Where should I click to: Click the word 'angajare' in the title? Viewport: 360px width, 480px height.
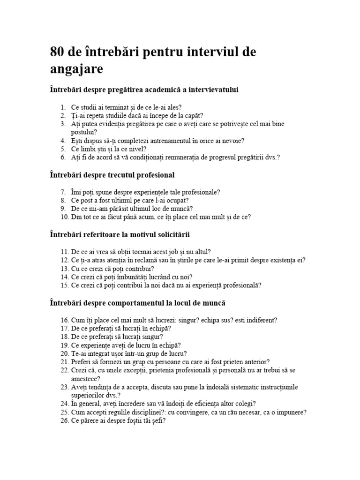(76, 69)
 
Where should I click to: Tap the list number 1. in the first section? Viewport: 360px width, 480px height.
(64, 107)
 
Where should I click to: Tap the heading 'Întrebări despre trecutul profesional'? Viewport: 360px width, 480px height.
(112, 175)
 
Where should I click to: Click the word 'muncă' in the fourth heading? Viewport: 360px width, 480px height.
(215, 303)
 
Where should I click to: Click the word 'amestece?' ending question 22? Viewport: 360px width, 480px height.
(86, 379)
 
